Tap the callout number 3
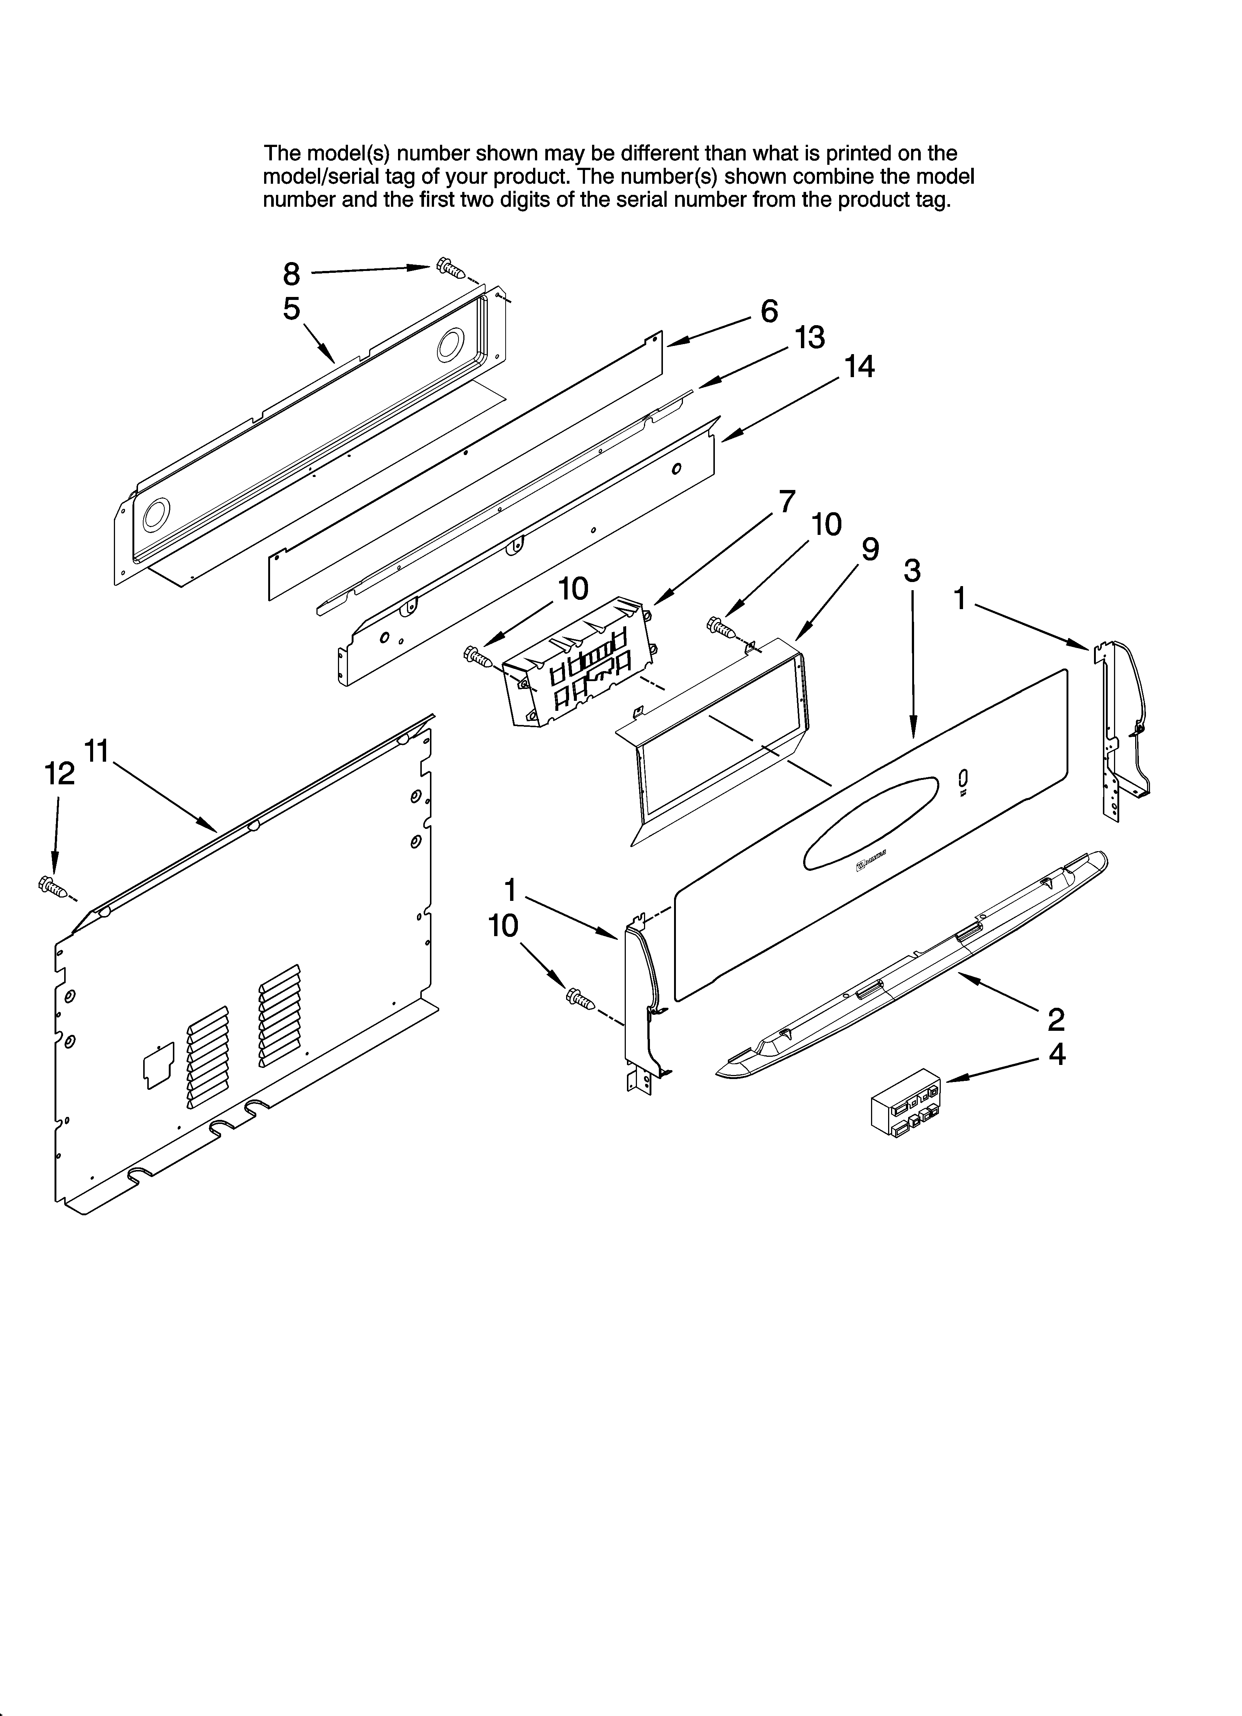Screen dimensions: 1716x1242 (912, 571)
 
